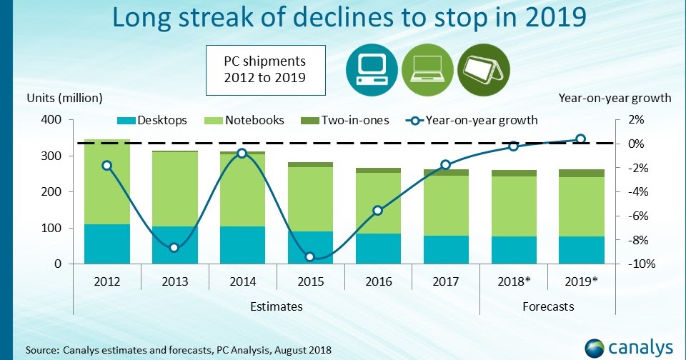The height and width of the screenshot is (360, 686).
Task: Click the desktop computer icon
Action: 371,70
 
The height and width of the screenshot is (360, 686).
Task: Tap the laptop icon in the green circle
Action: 426,70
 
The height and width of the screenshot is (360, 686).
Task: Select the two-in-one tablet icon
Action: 482,70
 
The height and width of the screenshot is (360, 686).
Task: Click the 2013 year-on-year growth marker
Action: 174,247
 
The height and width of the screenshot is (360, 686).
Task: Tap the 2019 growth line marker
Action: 581,139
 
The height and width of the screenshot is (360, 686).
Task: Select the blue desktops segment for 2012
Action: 106,244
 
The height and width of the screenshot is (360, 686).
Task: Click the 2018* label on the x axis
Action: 513,281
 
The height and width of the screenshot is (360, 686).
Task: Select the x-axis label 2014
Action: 242,281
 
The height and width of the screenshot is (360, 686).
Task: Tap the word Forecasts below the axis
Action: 547,306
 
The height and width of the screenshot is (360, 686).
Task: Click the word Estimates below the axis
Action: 276,306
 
